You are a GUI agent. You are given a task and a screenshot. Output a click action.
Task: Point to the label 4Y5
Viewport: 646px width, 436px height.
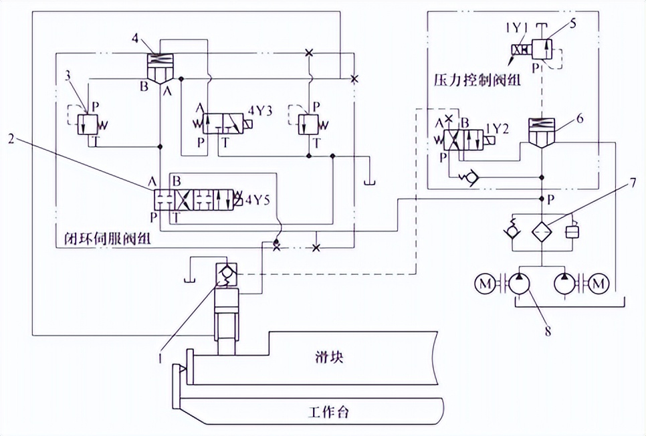[x=257, y=199]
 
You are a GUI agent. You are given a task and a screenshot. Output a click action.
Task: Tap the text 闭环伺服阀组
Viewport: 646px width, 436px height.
[x=100, y=237]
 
